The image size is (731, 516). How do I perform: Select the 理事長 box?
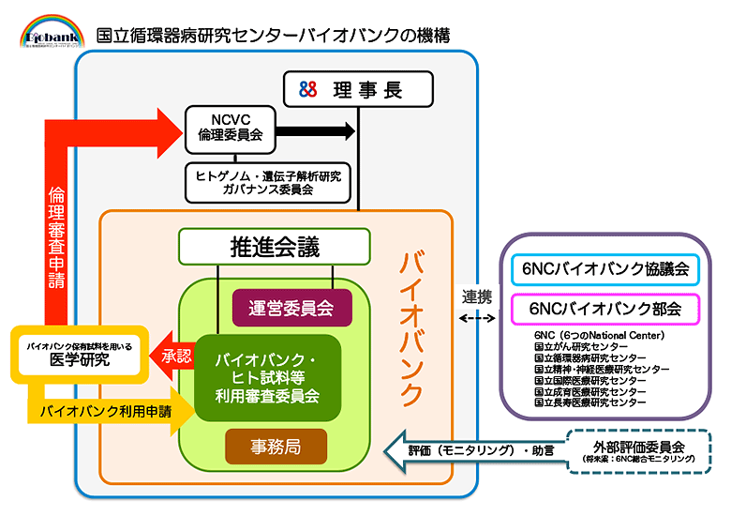(359, 90)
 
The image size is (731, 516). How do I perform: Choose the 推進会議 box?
(275, 248)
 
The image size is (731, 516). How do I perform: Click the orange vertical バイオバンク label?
(410, 328)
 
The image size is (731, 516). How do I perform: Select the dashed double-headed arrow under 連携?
(478, 318)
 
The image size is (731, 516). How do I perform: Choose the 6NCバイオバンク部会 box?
(605, 308)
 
